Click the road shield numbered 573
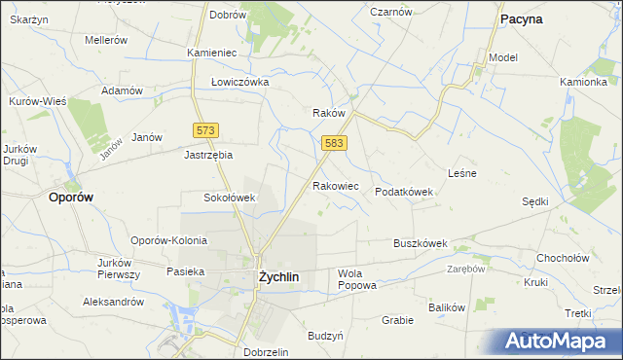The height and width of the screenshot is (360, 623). [x=205, y=130]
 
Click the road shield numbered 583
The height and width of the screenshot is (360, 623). [x=334, y=143]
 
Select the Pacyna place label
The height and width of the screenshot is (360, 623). [x=521, y=18]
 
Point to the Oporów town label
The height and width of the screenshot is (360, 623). [x=71, y=197]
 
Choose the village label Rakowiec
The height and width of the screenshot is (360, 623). [x=336, y=185]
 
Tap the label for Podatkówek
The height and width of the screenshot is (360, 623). [x=404, y=193]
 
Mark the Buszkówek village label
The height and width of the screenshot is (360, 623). [x=420, y=243]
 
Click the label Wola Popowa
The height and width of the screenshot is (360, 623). [x=356, y=280]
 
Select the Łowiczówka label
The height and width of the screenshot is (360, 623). [x=239, y=82]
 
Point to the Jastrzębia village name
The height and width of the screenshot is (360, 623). [x=209, y=154]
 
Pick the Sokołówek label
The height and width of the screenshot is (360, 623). [x=229, y=198]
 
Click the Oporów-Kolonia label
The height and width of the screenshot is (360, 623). [x=170, y=240]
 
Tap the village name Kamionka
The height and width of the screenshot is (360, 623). [x=583, y=82]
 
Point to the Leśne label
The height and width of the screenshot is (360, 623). [x=460, y=173]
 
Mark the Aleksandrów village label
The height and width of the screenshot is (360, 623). [x=113, y=302]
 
